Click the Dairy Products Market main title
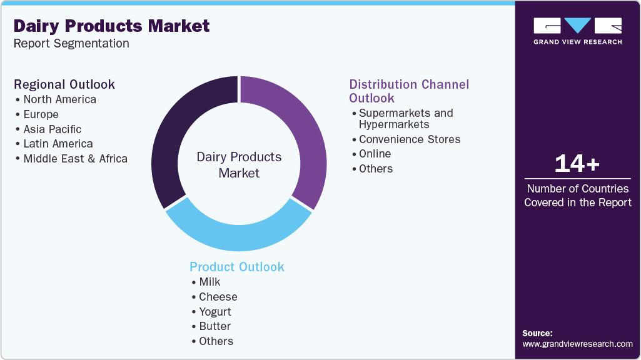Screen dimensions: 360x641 point(111,26)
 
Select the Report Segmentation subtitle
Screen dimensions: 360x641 point(71,44)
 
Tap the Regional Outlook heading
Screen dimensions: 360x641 point(64,84)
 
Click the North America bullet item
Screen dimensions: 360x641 point(59,99)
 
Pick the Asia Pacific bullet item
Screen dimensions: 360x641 point(53,129)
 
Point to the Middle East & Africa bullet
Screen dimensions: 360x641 point(75,159)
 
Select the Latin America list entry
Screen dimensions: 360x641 point(58,144)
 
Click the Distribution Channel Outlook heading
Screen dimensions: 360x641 point(409,91)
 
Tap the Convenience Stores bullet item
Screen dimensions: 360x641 point(410,139)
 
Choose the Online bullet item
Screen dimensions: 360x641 point(375,154)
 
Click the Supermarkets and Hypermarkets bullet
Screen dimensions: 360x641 point(405,119)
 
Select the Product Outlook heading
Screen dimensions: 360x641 point(237,267)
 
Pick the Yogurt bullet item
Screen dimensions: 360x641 point(215,312)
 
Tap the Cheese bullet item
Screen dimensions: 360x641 point(218,297)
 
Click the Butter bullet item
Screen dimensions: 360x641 point(215,326)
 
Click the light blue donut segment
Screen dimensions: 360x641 point(238,231)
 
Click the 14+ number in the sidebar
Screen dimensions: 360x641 point(577,164)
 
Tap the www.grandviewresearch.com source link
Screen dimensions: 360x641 point(577,344)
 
